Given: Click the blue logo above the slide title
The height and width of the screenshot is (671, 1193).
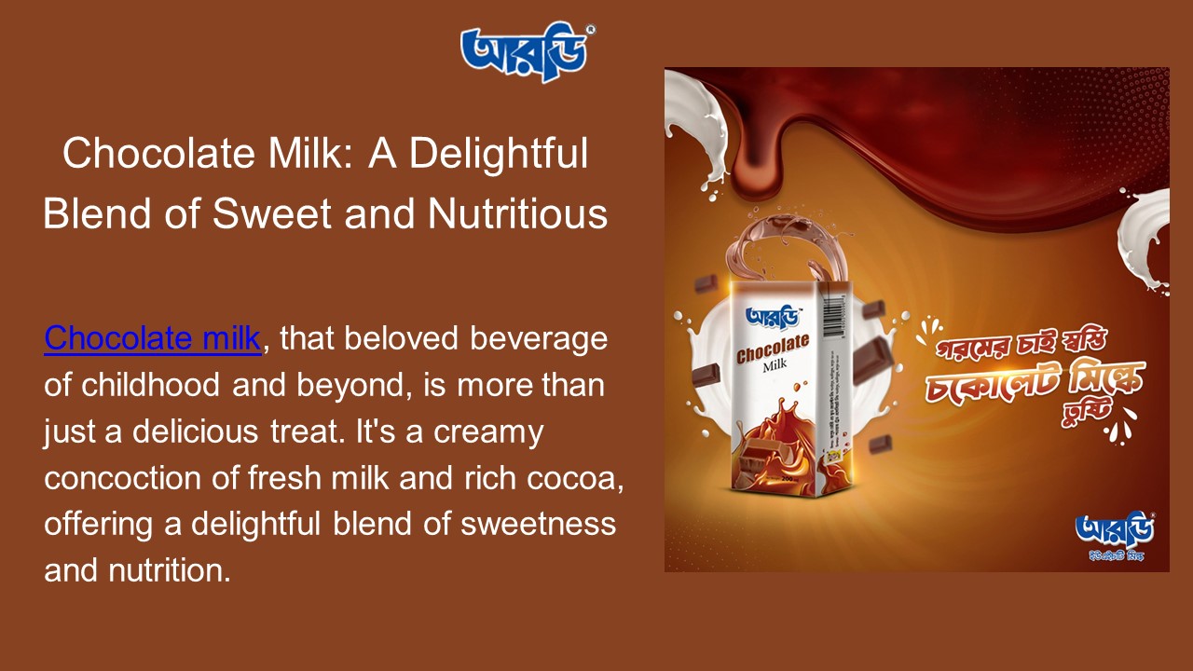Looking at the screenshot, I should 528,52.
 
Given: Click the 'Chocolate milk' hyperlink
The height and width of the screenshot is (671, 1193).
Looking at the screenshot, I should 152,338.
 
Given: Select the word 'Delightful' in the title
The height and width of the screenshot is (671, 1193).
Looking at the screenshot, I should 500,154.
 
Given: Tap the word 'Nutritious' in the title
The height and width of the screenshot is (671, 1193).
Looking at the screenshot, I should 517,213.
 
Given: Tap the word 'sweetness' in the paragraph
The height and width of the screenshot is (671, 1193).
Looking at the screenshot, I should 538,524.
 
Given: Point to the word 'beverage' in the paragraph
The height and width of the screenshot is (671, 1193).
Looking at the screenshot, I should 538,338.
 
